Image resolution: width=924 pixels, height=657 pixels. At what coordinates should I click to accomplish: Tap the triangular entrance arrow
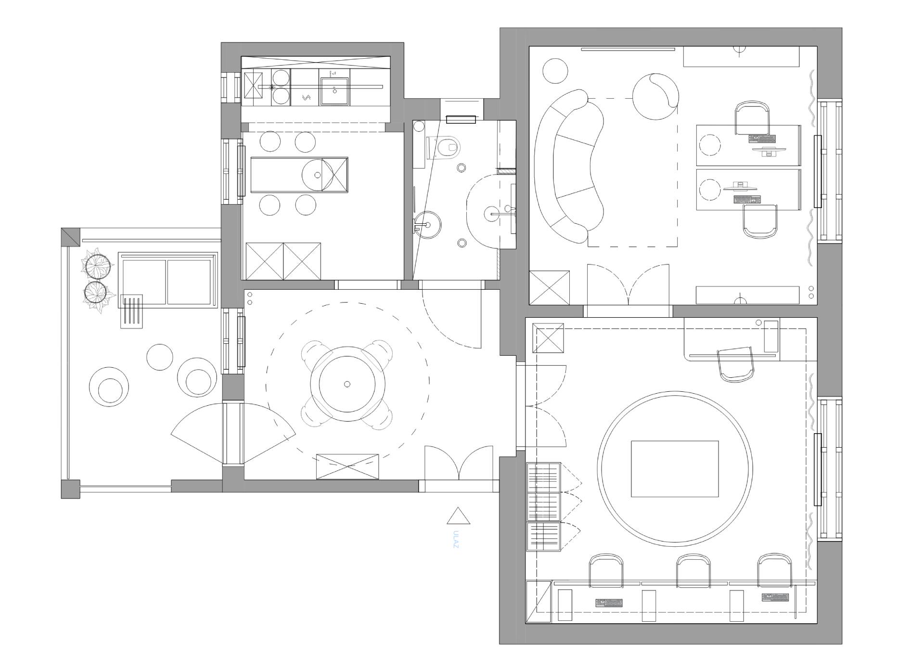click(x=458, y=516)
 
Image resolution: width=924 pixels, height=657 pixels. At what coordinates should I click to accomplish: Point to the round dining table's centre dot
click(x=347, y=384)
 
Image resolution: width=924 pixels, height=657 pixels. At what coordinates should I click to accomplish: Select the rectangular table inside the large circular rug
click(x=675, y=468)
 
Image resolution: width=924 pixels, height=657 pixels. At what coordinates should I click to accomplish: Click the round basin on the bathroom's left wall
click(x=426, y=225)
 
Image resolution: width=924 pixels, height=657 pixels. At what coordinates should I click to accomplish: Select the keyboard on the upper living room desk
click(x=762, y=139)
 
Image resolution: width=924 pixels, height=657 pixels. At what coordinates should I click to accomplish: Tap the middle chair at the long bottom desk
click(x=693, y=571)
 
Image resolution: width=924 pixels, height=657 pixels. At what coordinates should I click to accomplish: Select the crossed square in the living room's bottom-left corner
click(x=550, y=287)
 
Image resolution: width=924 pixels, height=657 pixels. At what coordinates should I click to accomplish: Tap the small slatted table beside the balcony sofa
click(x=131, y=311)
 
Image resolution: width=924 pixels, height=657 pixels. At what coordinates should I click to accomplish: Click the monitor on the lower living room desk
click(x=740, y=185)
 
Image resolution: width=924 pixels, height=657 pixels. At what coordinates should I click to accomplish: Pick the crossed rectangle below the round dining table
click(x=347, y=466)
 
